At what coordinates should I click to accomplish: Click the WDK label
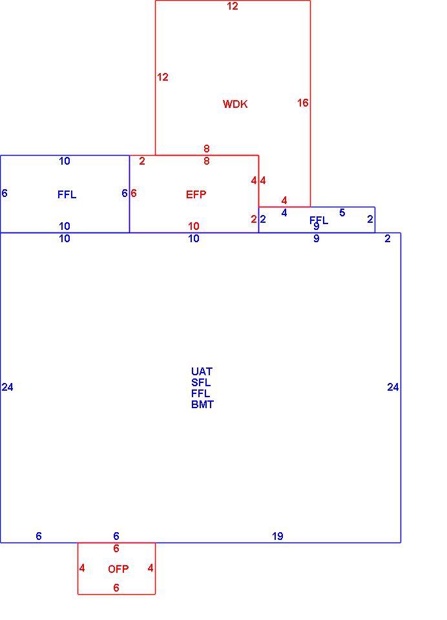pyautogui.click(x=235, y=104)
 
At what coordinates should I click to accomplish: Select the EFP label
pyautogui.click(x=196, y=194)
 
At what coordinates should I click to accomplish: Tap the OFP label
pyautogui.click(x=118, y=568)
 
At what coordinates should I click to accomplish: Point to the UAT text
pyautogui.click(x=202, y=371)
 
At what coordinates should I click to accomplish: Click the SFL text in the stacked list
pyautogui.click(x=201, y=382)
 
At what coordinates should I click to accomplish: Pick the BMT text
pyautogui.click(x=203, y=404)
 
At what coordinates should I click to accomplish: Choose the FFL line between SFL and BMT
pyautogui.click(x=200, y=393)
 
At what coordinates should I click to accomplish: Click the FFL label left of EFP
pyautogui.click(x=67, y=194)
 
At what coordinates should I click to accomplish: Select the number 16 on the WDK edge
pyautogui.click(x=302, y=103)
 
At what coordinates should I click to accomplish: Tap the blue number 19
pyautogui.click(x=277, y=536)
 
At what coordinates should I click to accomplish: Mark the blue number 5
pyautogui.click(x=342, y=212)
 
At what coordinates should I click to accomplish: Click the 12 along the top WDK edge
pyautogui.click(x=233, y=6)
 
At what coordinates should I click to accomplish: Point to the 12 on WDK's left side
pyautogui.click(x=163, y=77)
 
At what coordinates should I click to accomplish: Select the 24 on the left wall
pyautogui.click(x=8, y=387)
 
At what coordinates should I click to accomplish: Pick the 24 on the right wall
pyautogui.click(x=393, y=387)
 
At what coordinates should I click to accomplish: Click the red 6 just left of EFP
pyautogui.click(x=134, y=193)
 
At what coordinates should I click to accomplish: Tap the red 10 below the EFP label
pyautogui.click(x=193, y=226)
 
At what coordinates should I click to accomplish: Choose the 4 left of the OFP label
pyautogui.click(x=82, y=568)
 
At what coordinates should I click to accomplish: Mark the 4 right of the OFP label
pyautogui.click(x=151, y=568)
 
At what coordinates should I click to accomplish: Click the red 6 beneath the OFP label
pyautogui.click(x=116, y=588)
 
